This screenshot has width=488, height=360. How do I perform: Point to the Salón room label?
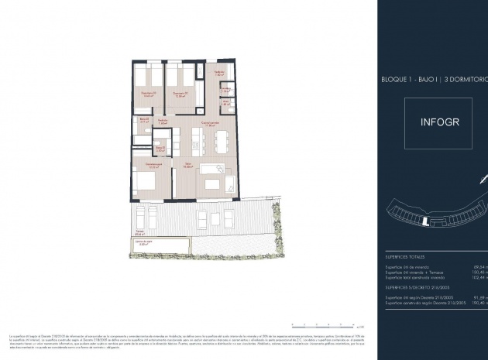pyautogui.click(x=188, y=166)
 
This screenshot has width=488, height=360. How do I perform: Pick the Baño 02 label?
pyautogui.click(x=143, y=121)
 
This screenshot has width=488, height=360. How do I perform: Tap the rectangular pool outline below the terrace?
pyautogui.click(x=159, y=245)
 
